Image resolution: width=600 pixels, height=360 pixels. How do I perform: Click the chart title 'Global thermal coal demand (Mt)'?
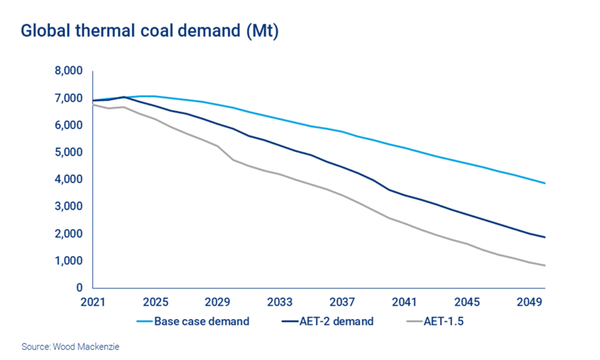pyautogui.click(x=149, y=31)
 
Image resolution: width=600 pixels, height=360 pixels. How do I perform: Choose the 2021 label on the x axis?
pyautogui.click(x=93, y=303)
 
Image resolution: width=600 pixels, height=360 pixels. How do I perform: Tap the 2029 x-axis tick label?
pyautogui.click(x=217, y=303)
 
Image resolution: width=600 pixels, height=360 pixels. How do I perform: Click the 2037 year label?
pyautogui.click(x=342, y=303)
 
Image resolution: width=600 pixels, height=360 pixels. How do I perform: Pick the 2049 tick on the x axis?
pyautogui.click(x=529, y=303)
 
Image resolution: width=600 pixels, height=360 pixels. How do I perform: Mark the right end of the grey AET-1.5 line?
pyautogui.click(x=545, y=266)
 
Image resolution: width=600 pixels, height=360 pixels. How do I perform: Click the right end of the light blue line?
pyautogui.click(x=545, y=184)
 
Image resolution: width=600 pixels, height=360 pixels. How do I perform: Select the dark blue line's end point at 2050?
pyautogui.click(x=545, y=237)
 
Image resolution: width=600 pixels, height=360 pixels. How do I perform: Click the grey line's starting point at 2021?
pyautogui.click(x=93, y=104)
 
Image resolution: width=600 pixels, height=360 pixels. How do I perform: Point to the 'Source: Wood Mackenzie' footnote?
pyautogui.click(x=71, y=347)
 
